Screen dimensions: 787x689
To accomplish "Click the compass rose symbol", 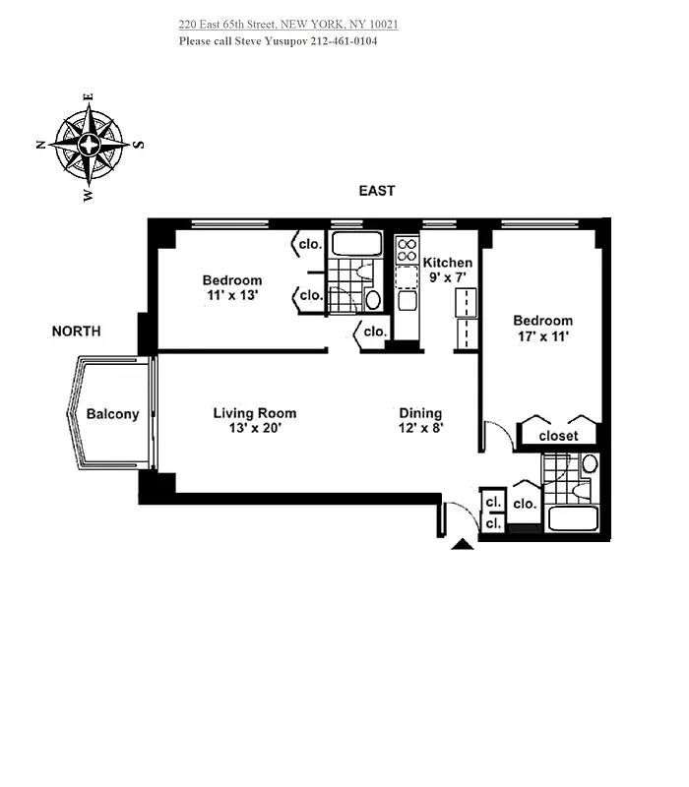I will click(x=90, y=146).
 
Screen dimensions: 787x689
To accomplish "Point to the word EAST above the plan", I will click(x=377, y=191).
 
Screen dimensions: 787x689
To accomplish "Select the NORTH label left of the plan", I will click(x=76, y=332).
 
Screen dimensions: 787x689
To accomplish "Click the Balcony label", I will click(x=112, y=414).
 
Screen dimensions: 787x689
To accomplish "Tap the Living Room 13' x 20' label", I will click(x=254, y=420).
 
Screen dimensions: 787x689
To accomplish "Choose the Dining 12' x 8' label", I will click(x=420, y=420).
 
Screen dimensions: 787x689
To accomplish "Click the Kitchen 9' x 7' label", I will click(x=448, y=270).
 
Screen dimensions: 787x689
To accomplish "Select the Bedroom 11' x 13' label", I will click(x=232, y=287).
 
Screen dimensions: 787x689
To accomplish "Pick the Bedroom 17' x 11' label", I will click(x=542, y=328).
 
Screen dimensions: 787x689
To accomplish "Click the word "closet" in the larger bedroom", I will click(x=558, y=435).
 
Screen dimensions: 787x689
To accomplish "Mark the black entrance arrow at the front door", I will click(x=462, y=542).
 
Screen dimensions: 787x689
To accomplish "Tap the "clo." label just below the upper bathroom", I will click(x=374, y=333).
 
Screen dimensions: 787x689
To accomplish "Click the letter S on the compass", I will click(x=138, y=145).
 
